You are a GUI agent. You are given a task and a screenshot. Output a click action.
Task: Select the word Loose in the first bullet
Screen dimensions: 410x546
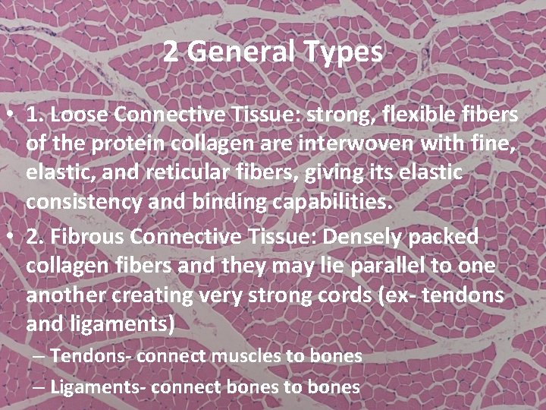pos(77,115)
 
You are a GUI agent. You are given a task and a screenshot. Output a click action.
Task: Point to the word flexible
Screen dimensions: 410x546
pos(407,115)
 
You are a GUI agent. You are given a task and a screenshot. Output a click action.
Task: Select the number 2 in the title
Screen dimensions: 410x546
pos(171,52)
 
